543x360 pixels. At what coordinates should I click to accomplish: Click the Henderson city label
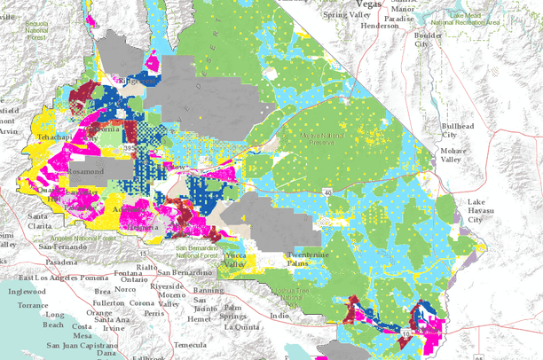pyautogui.click(x=381, y=26)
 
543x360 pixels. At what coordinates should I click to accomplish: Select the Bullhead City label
pyautogui.click(x=457, y=131)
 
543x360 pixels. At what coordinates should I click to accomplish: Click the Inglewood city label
pyautogui.click(x=26, y=290)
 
